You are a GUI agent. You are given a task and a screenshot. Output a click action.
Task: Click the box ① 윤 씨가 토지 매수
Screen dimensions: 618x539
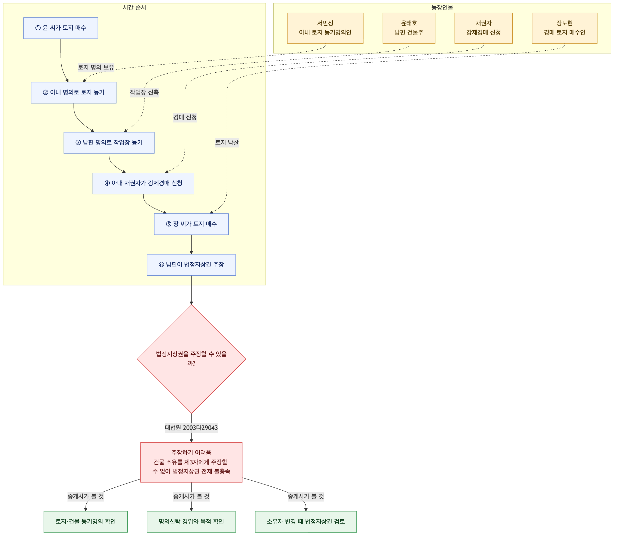(61, 28)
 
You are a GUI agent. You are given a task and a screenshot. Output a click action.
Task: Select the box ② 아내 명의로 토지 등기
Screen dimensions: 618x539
(74, 93)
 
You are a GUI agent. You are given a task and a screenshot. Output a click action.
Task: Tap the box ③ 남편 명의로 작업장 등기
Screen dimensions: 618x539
(109, 143)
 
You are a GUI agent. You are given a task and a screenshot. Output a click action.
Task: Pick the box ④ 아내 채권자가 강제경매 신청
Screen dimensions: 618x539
(143, 183)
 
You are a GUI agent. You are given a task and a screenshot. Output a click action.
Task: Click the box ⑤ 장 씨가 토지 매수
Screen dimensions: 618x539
(191, 224)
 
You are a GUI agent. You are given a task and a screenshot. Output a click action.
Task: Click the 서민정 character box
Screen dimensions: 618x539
(325, 28)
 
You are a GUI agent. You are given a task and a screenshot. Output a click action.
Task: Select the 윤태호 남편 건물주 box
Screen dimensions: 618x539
(409, 28)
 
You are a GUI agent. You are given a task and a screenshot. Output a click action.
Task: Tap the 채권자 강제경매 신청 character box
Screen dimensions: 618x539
(484, 28)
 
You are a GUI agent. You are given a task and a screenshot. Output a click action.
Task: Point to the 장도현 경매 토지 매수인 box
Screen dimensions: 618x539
(565, 28)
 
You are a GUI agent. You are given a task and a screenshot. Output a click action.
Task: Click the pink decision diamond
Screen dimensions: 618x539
(191, 359)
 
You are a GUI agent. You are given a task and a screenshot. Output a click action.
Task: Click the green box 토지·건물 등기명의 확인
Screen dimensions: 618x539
(86, 522)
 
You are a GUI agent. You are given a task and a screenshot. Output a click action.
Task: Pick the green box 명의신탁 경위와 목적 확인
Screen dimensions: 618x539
(191, 522)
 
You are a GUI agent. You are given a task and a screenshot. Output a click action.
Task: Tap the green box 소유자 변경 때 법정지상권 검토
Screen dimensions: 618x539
(306, 522)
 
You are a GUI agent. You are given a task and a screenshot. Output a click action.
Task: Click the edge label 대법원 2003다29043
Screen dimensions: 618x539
(191, 428)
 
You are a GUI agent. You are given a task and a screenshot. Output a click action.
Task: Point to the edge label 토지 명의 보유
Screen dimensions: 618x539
(96, 67)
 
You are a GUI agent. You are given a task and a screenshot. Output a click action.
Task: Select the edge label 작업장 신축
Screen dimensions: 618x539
(144, 92)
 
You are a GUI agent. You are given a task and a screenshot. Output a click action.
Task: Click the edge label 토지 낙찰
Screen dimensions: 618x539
(227, 143)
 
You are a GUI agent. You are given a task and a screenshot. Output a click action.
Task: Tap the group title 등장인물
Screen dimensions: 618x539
(442, 8)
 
